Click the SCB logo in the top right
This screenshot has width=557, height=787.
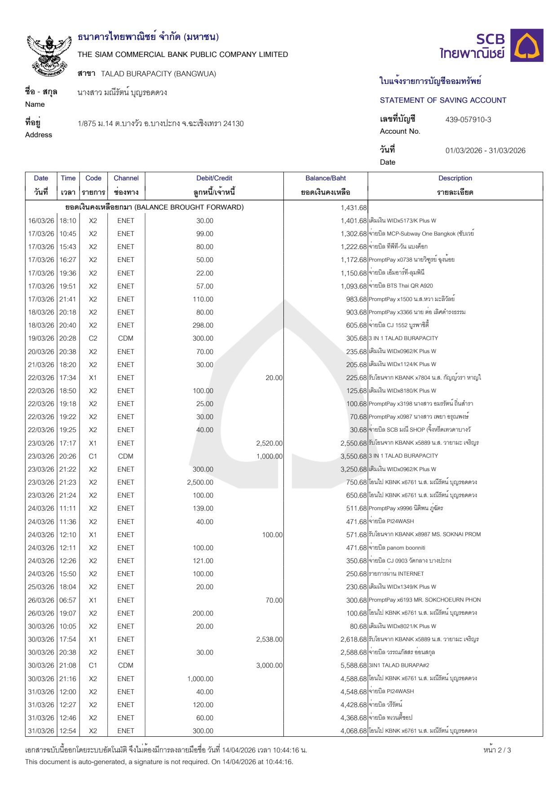coord(491,46)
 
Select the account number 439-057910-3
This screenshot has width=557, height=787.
coord(468,120)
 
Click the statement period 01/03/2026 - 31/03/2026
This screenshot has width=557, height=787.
coord(485,151)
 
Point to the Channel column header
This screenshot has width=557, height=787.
coord(126,178)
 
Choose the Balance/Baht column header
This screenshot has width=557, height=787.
coord(325,178)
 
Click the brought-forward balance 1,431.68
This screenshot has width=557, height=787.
coord(354,208)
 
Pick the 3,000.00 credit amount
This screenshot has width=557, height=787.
coord(270,665)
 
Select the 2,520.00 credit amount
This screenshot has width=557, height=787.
coord(270,443)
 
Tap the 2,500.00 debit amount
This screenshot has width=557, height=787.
coord(200,482)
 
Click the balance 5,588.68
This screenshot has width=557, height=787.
coord(354,665)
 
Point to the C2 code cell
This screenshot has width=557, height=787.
coord(93,338)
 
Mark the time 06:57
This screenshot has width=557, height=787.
coord(68,600)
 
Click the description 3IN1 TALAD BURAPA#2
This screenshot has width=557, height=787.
coord(399,665)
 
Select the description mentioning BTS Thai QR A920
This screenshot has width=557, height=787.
coord(401,286)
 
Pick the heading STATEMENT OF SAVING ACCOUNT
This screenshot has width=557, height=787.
coord(443,101)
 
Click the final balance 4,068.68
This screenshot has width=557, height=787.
coord(354,731)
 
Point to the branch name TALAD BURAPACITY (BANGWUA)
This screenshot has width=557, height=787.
coord(158,74)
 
